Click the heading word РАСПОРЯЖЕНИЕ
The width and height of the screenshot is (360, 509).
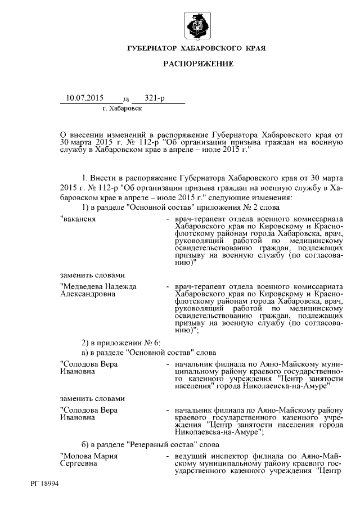pyautogui.click(x=198, y=65)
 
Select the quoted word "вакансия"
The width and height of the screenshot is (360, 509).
pyautogui.click(x=78, y=218)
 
